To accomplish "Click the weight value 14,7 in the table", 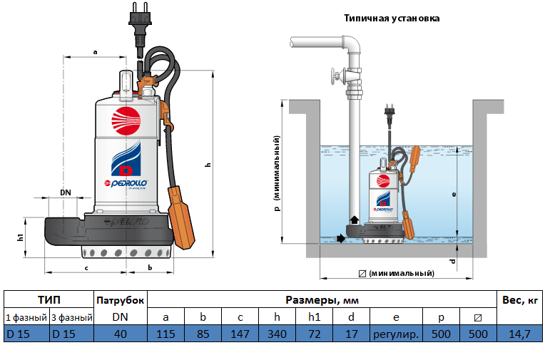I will point(519,333).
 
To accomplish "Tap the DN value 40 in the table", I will point(121,333).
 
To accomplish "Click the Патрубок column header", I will point(121,299).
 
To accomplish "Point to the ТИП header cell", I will point(49,299).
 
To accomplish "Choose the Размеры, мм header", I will point(321,299).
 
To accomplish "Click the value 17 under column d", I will point(351,333).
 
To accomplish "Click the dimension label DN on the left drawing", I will point(66,192).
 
